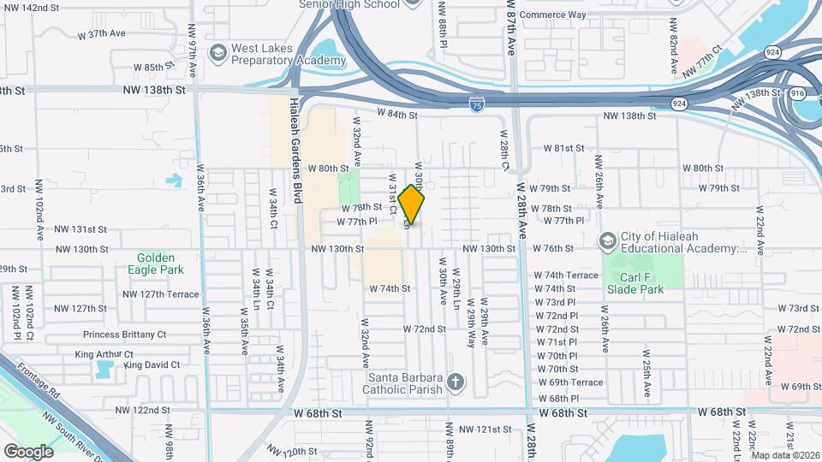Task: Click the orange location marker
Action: (412, 204)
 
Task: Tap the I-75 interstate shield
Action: (477, 105)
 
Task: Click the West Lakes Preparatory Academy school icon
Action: (217, 54)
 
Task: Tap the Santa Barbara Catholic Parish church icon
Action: (456, 383)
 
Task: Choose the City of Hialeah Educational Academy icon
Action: (608, 241)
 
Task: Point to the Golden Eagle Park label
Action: (155, 263)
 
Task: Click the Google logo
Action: (28, 451)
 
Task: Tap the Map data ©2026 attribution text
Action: (784, 455)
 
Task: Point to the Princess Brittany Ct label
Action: (124, 335)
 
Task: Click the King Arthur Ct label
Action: (104, 354)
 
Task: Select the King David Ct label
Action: (152, 365)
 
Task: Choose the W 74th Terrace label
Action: (566, 275)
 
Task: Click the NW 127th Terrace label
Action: (160, 293)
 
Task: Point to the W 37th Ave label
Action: (101, 34)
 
